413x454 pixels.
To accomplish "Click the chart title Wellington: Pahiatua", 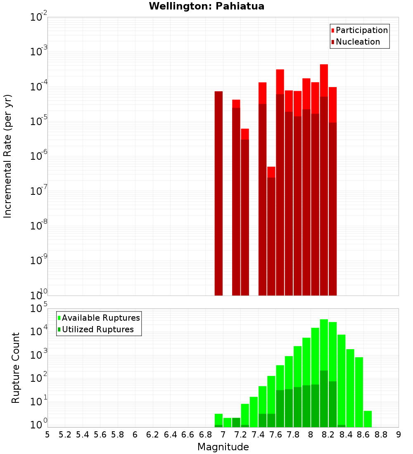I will coord(206,6).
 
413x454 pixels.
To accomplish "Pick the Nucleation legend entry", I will coord(358,42).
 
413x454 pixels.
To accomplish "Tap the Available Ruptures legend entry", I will coord(101,318).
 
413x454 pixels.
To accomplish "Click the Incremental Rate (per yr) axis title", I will coord(8,156).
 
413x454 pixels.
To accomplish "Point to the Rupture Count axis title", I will coord(16,368).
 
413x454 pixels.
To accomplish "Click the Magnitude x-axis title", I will coord(223,447).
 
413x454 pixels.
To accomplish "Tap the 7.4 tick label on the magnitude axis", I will coord(258,434).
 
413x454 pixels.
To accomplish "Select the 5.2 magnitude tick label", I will coord(65,434).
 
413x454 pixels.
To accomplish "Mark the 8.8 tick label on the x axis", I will coord(381,434).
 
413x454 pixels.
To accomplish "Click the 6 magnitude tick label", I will coord(135,434).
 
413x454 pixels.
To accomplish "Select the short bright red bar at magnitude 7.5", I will coord(271,172).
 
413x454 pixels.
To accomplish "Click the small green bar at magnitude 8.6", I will coord(368,419).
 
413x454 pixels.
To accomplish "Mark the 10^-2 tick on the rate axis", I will coord(38,17).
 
